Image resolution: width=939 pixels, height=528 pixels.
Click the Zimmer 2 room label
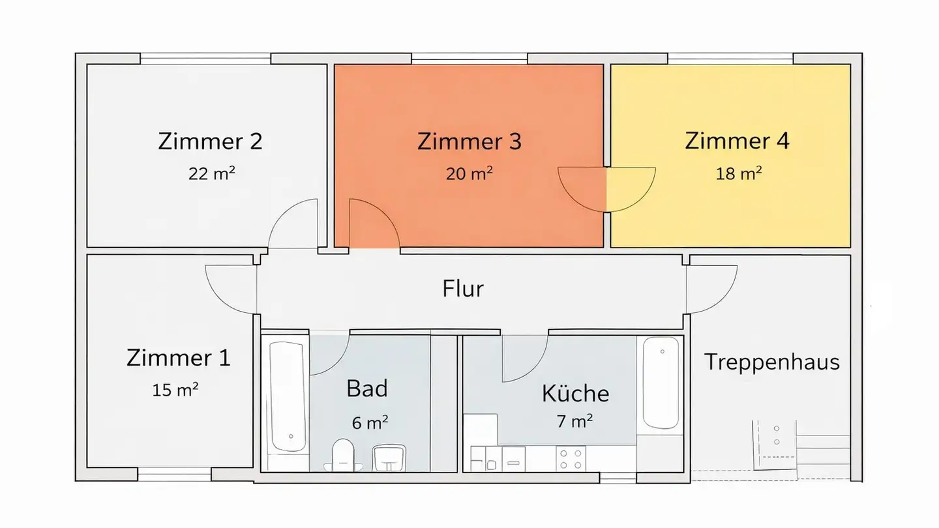(x=210, y=141)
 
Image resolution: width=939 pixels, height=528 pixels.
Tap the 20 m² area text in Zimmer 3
(x=469, y=173)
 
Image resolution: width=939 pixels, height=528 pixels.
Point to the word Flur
(x=463, y=289)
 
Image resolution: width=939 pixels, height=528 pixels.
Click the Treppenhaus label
(x=772, y=362)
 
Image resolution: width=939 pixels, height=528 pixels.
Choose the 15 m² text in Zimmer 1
(x=175, y=390)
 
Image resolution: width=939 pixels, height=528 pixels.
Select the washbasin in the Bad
(x=389, y=456)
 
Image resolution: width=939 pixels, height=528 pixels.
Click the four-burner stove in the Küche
(x=571, y=458)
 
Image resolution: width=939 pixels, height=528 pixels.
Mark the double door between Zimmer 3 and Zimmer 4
(x=607, y=189)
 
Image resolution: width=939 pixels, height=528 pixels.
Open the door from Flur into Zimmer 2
(x=293, y=225)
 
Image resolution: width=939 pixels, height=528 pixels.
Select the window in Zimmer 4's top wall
(x=730, y=59)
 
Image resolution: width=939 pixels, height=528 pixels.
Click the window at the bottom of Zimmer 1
(x=175, y=474)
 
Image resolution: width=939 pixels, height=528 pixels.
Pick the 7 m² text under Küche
(x=574, y=422)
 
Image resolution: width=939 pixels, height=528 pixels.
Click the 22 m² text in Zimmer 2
(x=211, y=174)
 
